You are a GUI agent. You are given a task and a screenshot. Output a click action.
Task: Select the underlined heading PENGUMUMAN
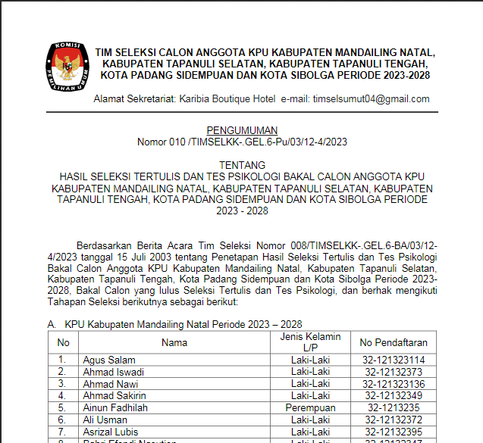[242, 130]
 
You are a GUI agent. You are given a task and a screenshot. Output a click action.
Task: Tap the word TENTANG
[242, 164]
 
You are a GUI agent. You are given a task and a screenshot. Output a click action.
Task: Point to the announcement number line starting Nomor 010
[242, 142]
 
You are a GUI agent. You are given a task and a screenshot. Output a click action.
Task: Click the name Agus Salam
[109, 360]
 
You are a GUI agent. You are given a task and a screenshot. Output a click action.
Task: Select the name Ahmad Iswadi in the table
[114, 372]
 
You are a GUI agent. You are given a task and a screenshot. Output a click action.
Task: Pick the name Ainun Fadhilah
[115, 407]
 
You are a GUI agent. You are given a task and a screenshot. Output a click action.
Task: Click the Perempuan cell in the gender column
[310, 407]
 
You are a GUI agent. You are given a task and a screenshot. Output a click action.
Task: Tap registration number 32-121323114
[394, 360]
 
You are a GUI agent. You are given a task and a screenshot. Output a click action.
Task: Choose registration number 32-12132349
[394, 395]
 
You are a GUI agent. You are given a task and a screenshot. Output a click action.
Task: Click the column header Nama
[174, 342]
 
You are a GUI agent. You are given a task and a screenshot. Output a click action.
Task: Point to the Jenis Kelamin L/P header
[310, 342]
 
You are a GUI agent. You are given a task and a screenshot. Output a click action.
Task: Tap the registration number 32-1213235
[394, 407]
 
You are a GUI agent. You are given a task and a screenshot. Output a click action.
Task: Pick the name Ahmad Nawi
[111, 384]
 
